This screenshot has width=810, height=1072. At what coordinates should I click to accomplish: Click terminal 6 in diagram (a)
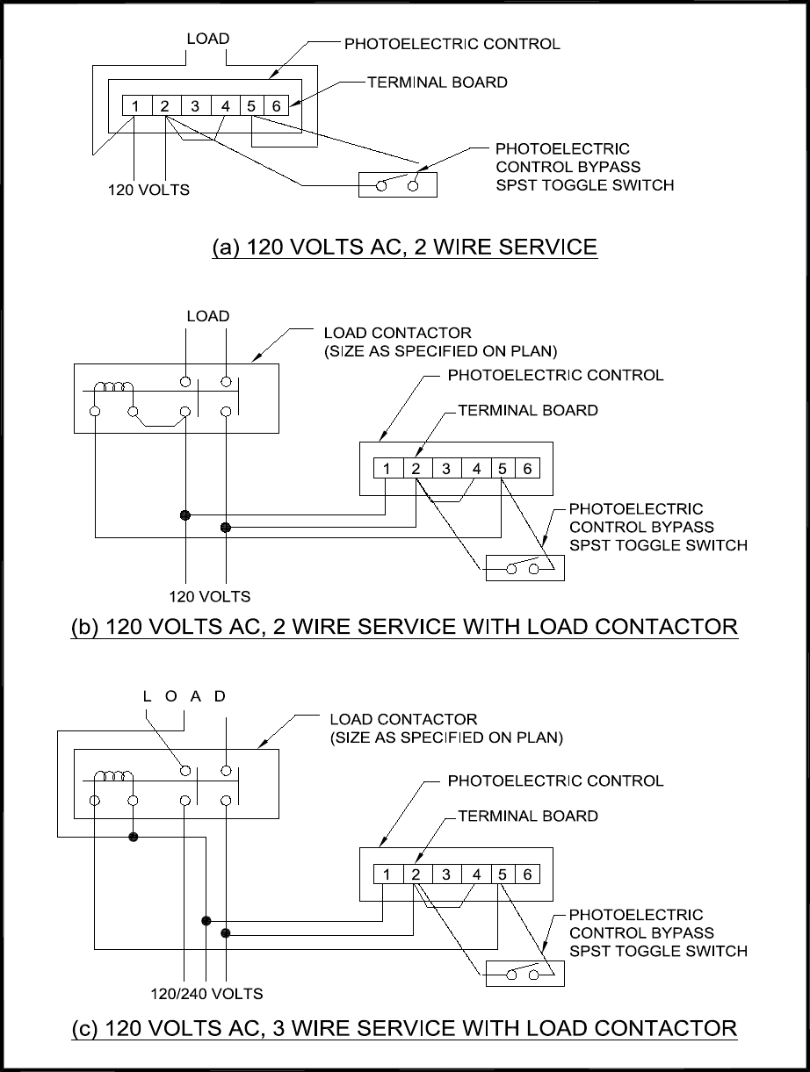(x=277, y=105)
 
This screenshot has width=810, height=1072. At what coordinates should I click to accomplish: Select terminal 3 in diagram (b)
(x=446, y=468)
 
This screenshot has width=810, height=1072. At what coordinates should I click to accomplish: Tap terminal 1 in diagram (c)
(x=387, y=874)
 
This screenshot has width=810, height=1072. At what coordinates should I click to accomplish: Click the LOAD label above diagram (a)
(x=208, y=39)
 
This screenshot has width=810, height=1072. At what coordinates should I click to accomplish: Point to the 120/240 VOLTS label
(x=206, y=993)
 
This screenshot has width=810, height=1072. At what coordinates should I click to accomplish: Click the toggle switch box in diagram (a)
(x=398, y=184)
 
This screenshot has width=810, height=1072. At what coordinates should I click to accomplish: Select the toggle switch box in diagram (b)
(x=525, y=568)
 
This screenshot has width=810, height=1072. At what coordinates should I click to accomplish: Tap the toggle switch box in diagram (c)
(x=525, y=974)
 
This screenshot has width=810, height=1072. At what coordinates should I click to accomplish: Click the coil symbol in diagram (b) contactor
(x=113, y=387)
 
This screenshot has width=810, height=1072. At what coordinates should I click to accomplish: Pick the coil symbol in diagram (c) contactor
(x=113, y=776)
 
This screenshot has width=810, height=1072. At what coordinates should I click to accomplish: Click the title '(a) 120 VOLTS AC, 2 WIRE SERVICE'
(x=404, y=247)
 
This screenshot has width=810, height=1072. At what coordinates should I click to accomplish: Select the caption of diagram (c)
(x=404, y=1027)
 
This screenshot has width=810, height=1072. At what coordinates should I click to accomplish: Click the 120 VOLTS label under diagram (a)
(x=148, y=190)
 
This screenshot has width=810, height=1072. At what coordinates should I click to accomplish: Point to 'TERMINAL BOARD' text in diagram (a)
(x=438, y=82)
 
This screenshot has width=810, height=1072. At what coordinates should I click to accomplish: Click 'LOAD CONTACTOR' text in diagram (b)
(x=398, y=333)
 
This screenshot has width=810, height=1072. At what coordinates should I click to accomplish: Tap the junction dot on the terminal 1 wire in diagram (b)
(x=185, y=514)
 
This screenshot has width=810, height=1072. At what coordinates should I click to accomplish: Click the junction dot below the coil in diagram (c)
(x=133, y=837)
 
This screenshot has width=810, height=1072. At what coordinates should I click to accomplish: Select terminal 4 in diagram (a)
(x=225, y=105)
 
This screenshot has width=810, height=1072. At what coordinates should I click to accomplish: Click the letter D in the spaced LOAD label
(x=220, y=696)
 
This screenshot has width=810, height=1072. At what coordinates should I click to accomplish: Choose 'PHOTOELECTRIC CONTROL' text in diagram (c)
(x=555, y=781)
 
